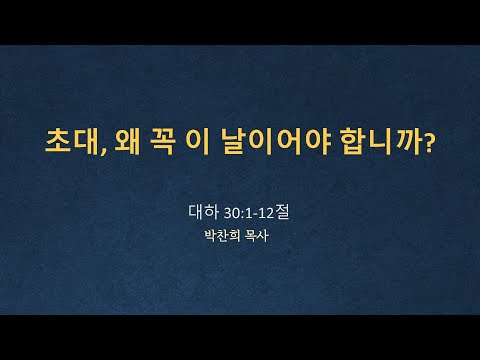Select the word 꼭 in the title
pyautogui.click(x=162, y=142)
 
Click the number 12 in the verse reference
pyautogui.click(x=266, y=213)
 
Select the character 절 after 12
pyautogui.click(x=282, y=212)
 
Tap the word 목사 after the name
pyautogui.click(x=256, y=236)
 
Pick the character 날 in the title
pyautogui.click(x=235, y=142)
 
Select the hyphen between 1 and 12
pyautogui.click(x=255, y=215)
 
